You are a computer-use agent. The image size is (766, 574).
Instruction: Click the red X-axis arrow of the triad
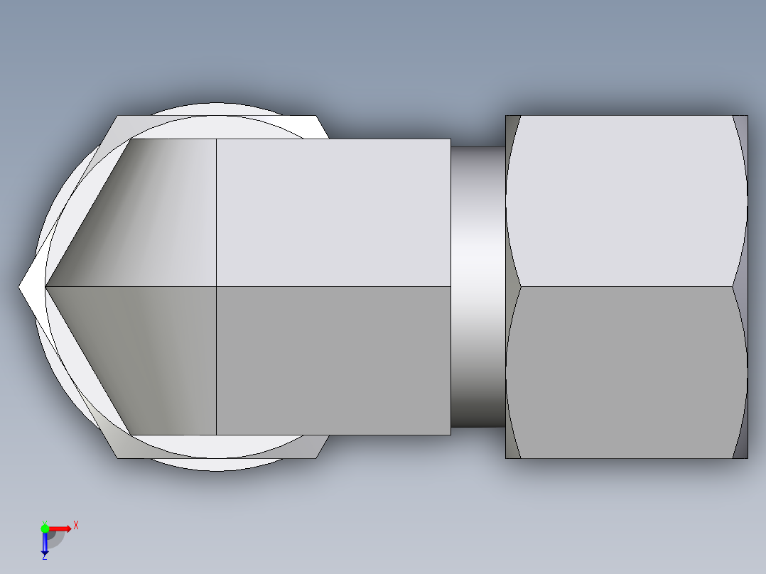coord(63,528)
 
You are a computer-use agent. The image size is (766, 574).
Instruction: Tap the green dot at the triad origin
coord(45,528)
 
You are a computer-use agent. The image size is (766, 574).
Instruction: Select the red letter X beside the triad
coord(76,526)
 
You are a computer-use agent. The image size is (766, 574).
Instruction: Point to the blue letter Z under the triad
coord(44,558)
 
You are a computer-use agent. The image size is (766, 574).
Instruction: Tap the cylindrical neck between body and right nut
coord(478,284)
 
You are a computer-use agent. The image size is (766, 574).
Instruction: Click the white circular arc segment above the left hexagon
coord(213,109)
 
